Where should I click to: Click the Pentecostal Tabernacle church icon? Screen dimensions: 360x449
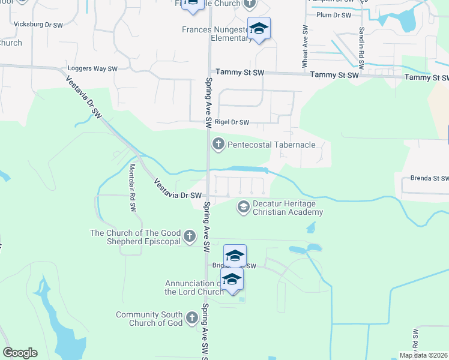tap(218, 144)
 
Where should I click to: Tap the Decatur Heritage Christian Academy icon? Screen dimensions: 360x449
tap(243, 207)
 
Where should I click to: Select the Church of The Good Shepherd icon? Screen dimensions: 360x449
tap(189, 236)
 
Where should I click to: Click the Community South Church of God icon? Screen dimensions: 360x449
tap(191, 318)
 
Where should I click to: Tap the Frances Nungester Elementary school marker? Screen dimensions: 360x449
tap(259, 29)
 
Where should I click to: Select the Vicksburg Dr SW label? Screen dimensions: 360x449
tap(38, 25)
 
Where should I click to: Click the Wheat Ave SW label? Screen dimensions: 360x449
tap(305, 46)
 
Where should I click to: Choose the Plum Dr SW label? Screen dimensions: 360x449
tap(333, 15)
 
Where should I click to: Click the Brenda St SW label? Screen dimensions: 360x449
tap(429, 178)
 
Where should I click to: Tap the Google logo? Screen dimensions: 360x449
tap(20, 353)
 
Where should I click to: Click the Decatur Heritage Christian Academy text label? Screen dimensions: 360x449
tap(288, 208)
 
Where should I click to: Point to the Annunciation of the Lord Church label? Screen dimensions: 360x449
tap(194, 287)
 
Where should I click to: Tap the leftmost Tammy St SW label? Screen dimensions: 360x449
tap(240, 73)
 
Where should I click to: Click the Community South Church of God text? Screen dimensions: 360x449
tap(149, 319)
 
